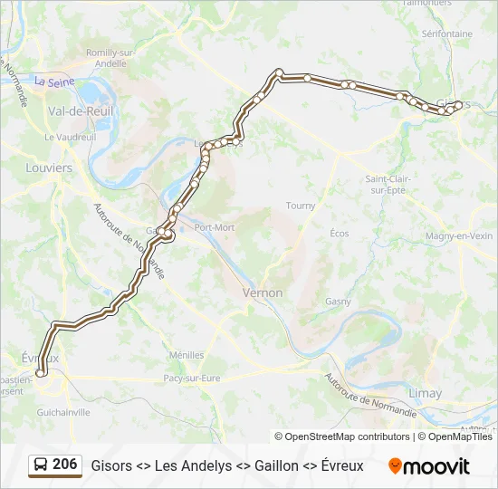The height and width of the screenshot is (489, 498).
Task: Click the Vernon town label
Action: (x=263, y=292)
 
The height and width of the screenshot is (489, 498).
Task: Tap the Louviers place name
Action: (x=49, y=168)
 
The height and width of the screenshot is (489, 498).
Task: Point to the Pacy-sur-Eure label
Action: (x=192, y=378)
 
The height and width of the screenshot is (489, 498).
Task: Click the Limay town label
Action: (x=426, y=393)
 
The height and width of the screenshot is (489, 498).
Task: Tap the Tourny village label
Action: (x=301, y=206)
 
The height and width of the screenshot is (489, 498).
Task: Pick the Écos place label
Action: (x=340, y=233)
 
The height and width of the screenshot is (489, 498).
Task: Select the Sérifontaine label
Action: (x=446, y=34)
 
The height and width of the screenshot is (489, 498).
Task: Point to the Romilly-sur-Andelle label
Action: (x=110, y=58)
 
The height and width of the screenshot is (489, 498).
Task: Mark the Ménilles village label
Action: (x=187, y=355)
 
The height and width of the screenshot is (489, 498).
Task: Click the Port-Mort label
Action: (x=214, y=227)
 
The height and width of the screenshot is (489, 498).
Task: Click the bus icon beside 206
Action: (x=40, y=465)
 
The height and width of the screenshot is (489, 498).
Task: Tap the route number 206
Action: (x=65, y=465)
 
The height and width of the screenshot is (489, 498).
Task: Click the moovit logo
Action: (x=429, y=466)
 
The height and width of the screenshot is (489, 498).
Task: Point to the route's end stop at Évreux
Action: (x=40, y=372)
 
